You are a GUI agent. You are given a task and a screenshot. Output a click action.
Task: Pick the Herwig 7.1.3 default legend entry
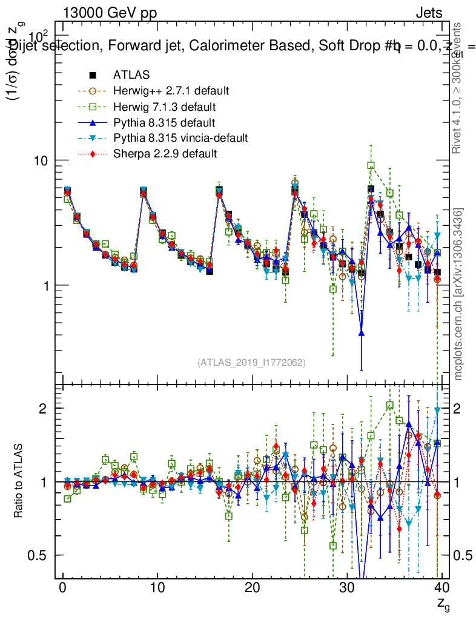(165, 107)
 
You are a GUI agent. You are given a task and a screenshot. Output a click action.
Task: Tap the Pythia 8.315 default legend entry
(164, 122)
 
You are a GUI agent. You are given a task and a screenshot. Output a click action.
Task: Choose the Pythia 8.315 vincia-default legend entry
(180, 138)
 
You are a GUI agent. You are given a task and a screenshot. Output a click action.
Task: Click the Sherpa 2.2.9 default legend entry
(165, 154)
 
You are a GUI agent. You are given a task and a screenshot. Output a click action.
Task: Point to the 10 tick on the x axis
(157, 587)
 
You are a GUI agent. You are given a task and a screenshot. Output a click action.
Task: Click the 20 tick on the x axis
(253, 587)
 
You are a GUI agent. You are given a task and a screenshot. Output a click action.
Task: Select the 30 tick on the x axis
(347, 587)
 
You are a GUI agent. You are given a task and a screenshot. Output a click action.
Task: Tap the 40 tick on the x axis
(442, 587)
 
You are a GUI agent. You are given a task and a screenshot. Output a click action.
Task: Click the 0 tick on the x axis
(62, 587)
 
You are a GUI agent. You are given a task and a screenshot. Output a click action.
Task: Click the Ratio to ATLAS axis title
(19, 481)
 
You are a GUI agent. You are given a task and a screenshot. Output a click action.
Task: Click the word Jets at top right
(428, 13)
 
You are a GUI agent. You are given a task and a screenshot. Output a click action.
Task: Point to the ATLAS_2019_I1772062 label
(251, 363)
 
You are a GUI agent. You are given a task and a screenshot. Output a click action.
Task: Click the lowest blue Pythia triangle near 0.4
(362, 332)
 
